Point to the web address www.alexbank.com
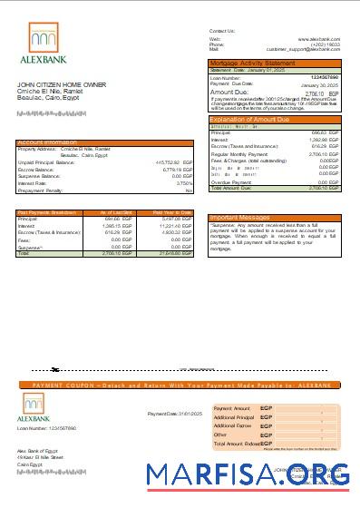point(318,39)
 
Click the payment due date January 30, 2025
point(319,84)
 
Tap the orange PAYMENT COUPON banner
point(180,385)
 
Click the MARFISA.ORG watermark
point(249,475)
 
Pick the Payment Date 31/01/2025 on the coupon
point(168,414)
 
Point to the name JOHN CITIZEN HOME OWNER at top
point(55,83)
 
